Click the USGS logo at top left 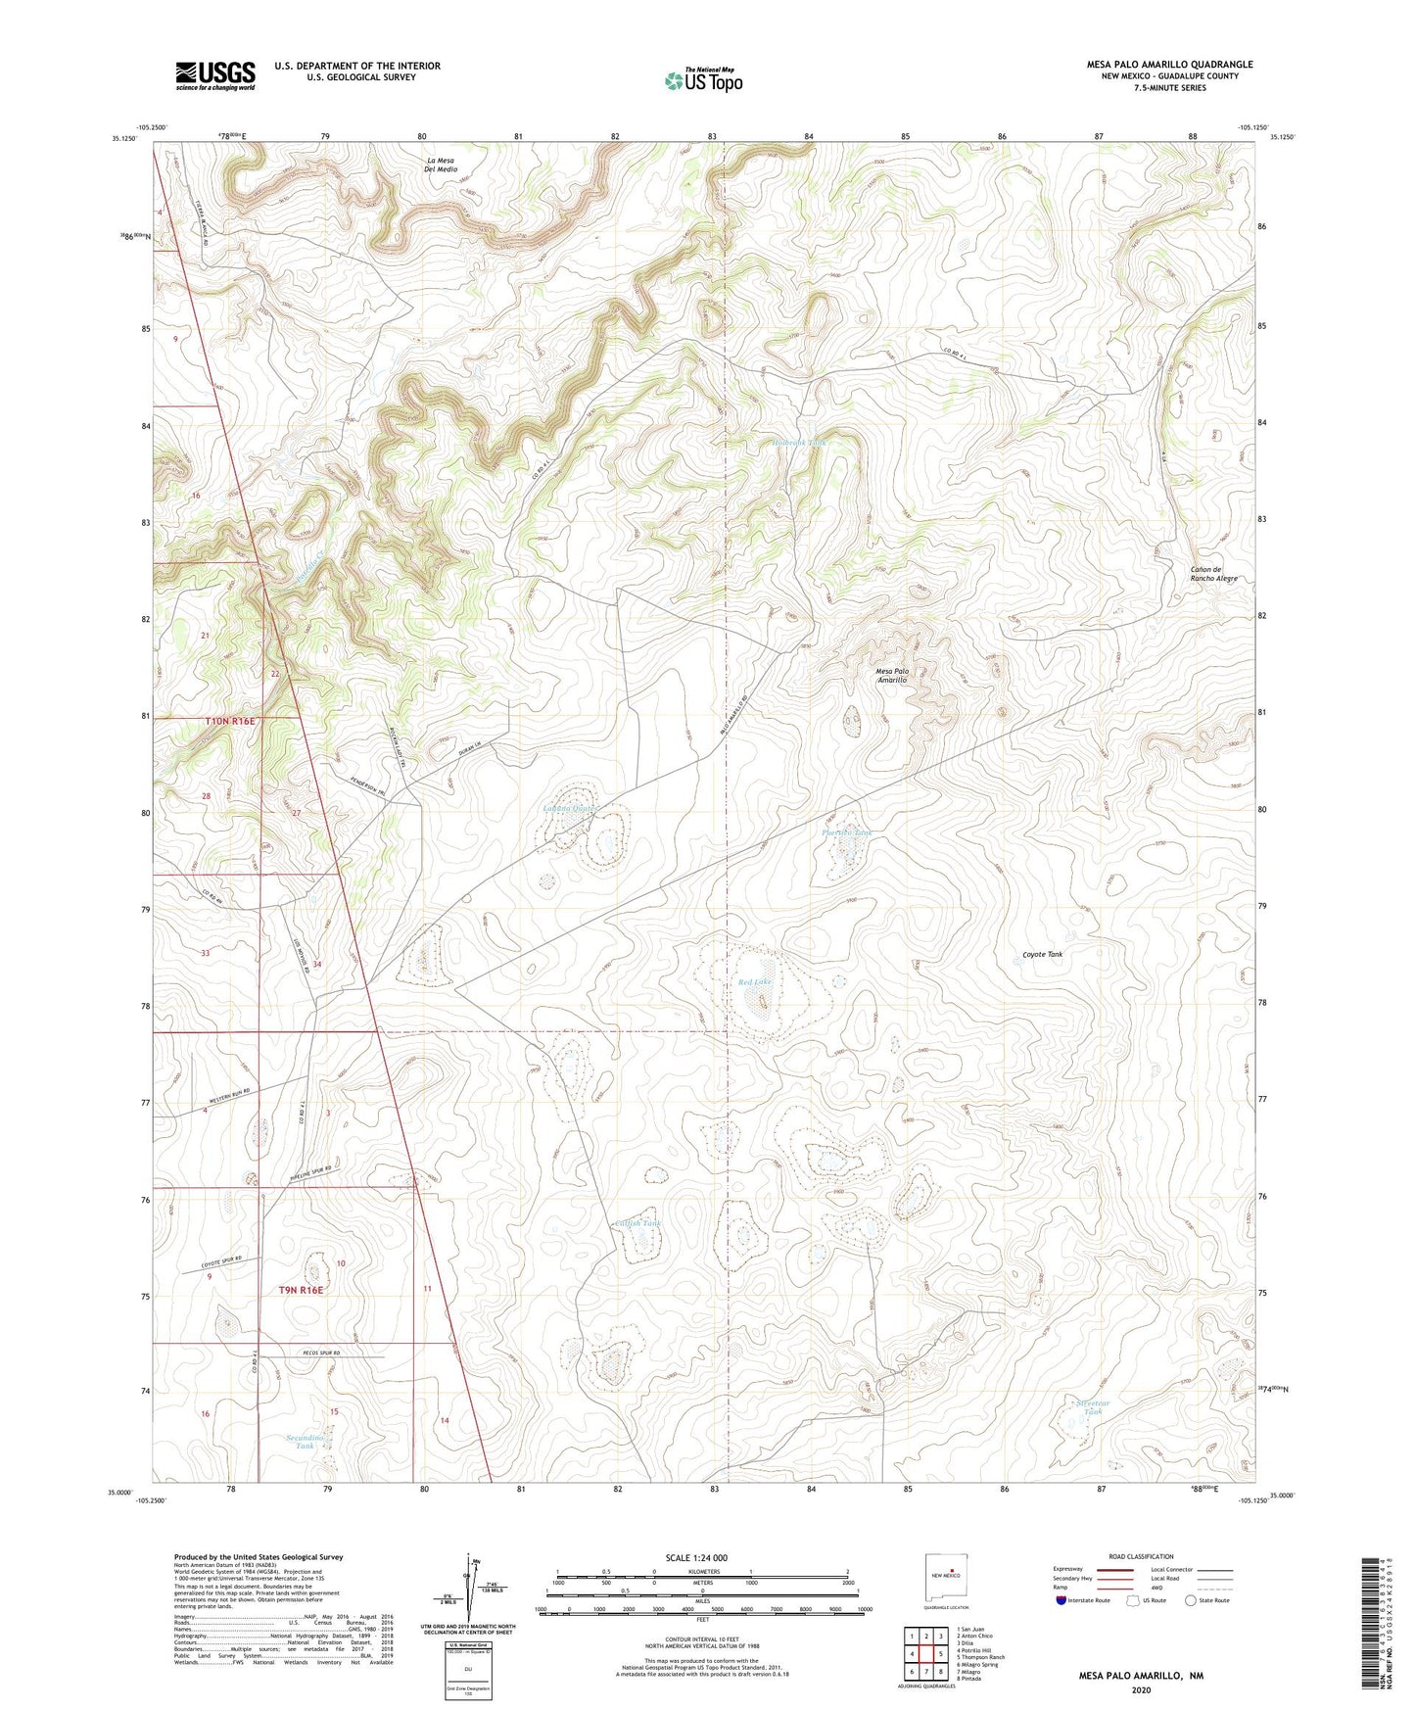214,75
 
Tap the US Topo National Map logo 703,79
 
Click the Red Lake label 754,981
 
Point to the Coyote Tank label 1042,954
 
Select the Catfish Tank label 638,1223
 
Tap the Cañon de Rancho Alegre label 1213,574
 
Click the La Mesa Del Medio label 441,164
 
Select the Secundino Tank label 305,1442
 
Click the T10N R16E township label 229,721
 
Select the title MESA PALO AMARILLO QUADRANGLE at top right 1169,65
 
